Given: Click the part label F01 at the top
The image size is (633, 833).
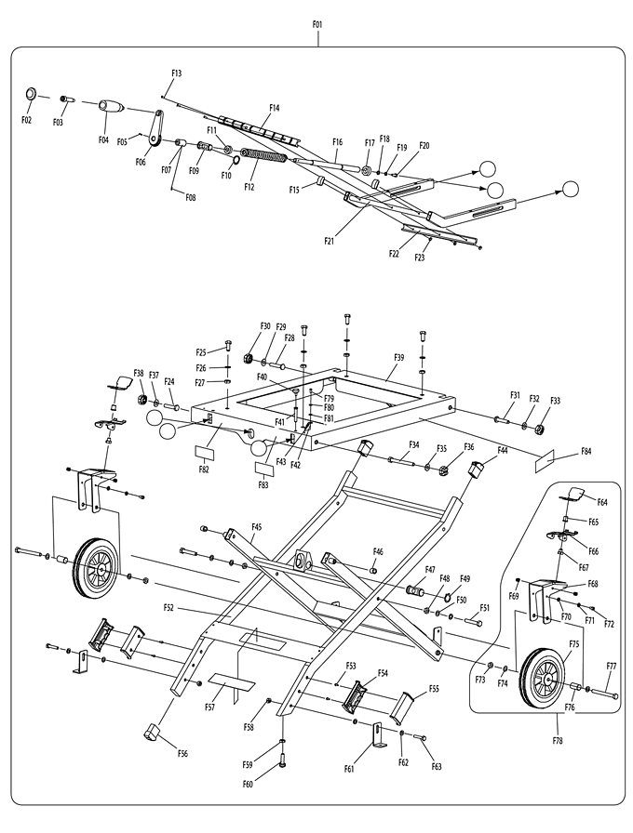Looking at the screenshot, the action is pos(317,24).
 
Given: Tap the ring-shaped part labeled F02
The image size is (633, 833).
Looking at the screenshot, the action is pos(31,94).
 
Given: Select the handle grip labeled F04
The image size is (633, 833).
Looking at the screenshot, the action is pos(112,106).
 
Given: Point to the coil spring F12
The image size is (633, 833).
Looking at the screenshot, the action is pos(263,155).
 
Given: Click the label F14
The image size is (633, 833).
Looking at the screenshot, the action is pos(274,108).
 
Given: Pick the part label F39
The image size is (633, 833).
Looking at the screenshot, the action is pos(399,358).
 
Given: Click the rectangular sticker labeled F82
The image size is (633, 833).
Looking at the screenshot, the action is pos(204,453).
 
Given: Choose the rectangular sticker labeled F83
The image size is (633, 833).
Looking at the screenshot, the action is pos(265,469).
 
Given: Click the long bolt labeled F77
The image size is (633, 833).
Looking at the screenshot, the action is pos(604,693).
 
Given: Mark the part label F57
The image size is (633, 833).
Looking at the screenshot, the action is pos(209,707).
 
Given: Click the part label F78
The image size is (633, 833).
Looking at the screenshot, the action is pos(557,741).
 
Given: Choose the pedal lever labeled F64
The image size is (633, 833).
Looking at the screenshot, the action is pos(572,494).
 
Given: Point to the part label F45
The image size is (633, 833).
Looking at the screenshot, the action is pos(256,527).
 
